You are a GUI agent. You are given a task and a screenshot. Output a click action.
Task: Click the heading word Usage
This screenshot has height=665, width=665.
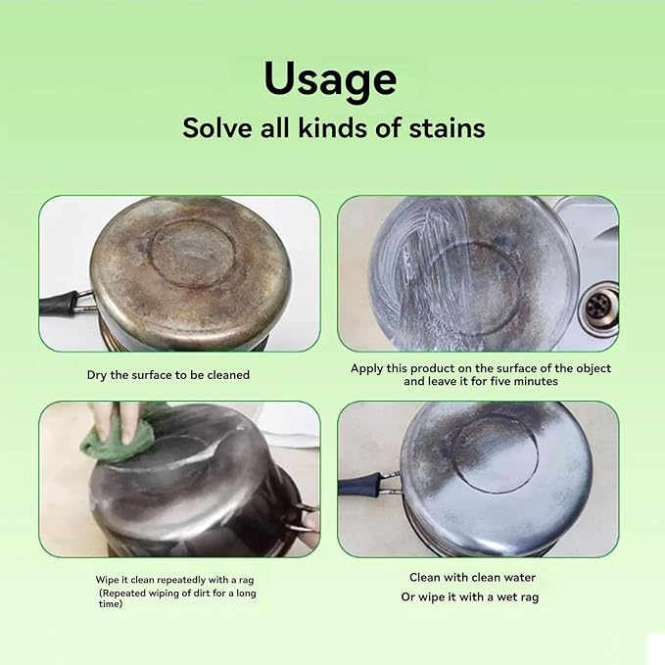pyautogui.click(x=330, y=79)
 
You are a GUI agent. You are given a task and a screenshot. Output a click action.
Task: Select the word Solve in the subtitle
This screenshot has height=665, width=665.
pyautogui.click(x=217, y=127)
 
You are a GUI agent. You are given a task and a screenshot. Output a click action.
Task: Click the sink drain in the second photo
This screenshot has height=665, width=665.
pyautogui.click(x=598, y=308)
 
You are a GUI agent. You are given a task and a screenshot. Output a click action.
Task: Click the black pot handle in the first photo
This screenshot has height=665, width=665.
pyautogui.click(x=60, y=304)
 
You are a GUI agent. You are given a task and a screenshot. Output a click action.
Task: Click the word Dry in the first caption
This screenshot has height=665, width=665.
pyautogui.click(x=97, y=375)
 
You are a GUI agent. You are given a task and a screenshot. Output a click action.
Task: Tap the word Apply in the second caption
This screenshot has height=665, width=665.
pyautogui.click(x=367, y=369)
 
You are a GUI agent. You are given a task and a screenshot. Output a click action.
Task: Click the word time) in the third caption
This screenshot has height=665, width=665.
pyautogui.click(x=111, y=603)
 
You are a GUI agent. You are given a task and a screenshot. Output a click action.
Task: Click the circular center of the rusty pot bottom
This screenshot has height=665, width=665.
pyautogui.click(x=193, y=254)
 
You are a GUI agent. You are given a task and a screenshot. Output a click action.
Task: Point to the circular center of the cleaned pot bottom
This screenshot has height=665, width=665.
pyautogui.click(x=495, y=452)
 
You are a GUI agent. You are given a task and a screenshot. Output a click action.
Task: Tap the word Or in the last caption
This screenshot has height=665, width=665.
pyautogui.click(x=407, y=596)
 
